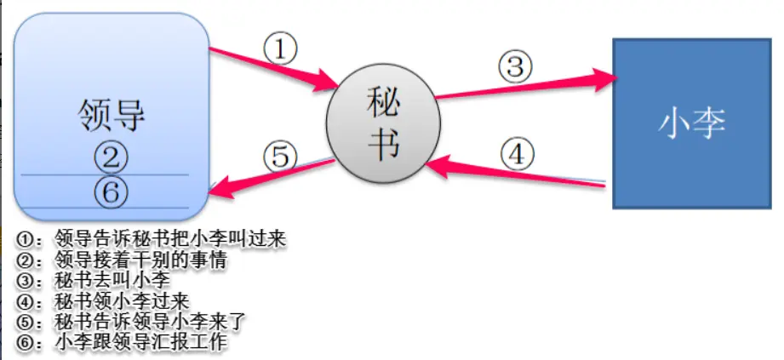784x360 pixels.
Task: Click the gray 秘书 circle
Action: click(x=381, y=128)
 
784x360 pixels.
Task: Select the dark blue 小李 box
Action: click(x=691, y=124)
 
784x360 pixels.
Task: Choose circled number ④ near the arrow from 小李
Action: click(x=517, y=155)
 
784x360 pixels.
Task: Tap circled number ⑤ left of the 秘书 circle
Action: click(x=281, y=156)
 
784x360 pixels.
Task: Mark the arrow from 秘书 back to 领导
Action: click(x=272, y=175)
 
